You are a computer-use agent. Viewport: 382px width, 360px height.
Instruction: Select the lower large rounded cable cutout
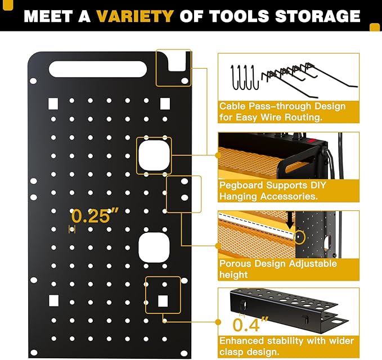pos(153,248)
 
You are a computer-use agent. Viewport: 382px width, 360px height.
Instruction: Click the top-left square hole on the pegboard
pos(53,103)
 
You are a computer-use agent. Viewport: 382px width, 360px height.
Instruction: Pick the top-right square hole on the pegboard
pos(164,103)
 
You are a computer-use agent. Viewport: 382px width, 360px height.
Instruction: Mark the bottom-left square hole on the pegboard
pos(53,300)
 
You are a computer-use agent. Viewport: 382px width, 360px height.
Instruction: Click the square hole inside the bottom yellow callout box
pos(163,301)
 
